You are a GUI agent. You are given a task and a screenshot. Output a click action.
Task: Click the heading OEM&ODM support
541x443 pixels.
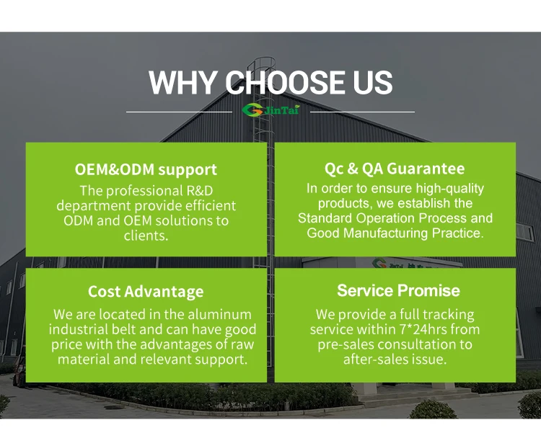[146, 170]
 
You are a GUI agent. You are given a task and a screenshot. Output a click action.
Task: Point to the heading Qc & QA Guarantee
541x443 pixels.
[395, 169]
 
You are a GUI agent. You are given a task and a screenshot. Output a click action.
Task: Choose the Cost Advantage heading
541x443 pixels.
[146, 292]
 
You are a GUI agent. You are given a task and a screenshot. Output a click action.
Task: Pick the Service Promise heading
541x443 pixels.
[398, 291]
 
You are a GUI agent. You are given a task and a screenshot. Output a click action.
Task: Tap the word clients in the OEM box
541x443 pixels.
[146, 236]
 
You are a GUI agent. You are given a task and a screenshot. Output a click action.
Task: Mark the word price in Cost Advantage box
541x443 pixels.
[67, 344]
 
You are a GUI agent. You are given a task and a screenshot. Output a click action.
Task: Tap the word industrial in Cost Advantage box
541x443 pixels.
[79, 329]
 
